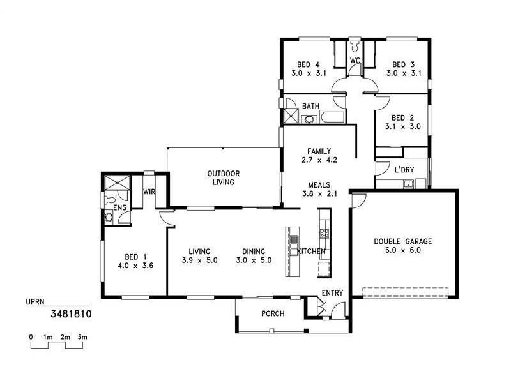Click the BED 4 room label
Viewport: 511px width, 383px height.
point(308,64)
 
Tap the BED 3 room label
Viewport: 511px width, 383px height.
point(404,64)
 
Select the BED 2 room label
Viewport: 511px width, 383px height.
point(403,117)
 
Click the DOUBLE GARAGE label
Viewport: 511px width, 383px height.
point(403,241)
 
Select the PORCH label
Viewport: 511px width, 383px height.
point(273,313)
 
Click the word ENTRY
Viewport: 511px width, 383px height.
point(332,293)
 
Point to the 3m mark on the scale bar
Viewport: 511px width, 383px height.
point(82,336)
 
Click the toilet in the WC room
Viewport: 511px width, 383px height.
point(355,48)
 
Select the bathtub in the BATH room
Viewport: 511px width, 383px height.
point(332,117)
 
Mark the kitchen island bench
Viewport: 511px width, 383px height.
point(293,251)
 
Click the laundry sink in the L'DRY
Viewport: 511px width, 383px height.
point(408,184)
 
